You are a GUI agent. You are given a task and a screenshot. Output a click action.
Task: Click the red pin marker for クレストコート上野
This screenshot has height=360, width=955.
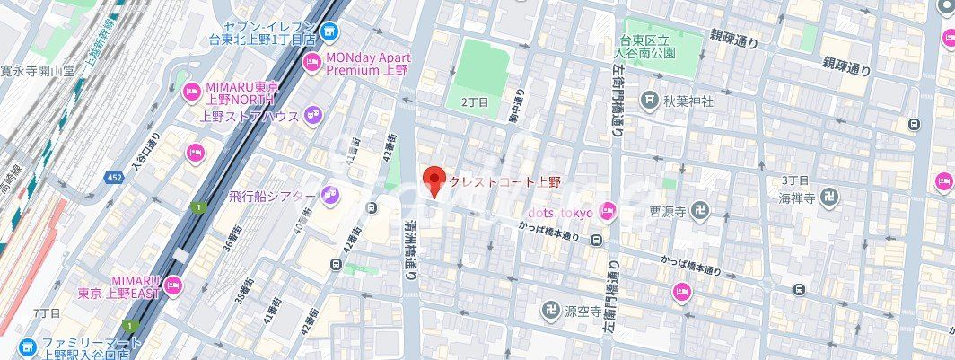tap(434, 180)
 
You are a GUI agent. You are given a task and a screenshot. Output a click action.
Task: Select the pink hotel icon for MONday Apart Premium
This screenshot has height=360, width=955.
tap(312, 61)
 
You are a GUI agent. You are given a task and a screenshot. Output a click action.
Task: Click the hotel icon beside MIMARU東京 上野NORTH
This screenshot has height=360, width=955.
tap(191, 92)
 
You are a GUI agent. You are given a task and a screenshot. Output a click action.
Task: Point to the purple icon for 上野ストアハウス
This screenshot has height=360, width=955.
tap(312, 114)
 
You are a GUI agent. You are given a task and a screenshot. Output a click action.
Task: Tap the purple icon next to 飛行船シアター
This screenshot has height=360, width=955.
tap(329, 195)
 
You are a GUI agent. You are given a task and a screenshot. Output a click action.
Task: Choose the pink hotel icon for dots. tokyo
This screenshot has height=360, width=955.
tap(608, 211)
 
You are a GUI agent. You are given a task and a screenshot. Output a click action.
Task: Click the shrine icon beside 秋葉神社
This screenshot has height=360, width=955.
tap(649, 101)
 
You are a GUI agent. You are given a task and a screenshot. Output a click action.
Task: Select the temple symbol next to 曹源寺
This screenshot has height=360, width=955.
tap(700, 212)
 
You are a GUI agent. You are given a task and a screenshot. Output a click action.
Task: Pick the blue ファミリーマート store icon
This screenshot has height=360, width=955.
tap(27, 347)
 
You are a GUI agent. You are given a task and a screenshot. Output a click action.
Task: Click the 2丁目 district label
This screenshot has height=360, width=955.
tap(474, 103)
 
